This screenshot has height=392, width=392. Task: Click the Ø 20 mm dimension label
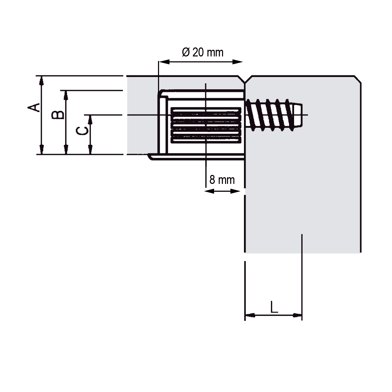tap(203, 52)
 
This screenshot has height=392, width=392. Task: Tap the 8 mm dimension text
tap(222, 180)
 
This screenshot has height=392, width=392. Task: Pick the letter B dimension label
tap(58, 115)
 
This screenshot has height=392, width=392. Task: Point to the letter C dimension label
tap(82, 131)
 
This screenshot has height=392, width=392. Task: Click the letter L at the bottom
tap(274, 307)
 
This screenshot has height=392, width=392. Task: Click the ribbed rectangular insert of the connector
tap(206, 125)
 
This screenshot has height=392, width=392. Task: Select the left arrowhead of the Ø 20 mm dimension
tap(164, 62)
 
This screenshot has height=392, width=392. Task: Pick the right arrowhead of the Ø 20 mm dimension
tap(238, 62)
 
